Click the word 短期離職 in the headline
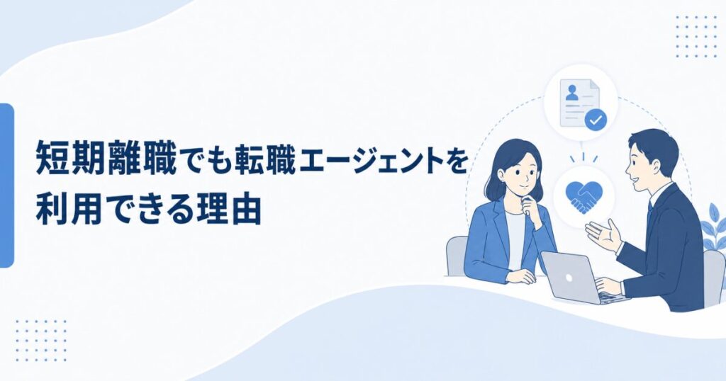click(106, 159)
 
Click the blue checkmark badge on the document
click(596, 120)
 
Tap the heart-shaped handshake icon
click(583, 196)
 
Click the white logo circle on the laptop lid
click(569, 278)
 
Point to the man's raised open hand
click(604, 234)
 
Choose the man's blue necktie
click(650, 216)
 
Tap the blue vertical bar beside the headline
click(6, 185)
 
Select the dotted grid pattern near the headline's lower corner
click(40, 341)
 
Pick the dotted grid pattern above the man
click(696, 37)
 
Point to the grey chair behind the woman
click(457, 256)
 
